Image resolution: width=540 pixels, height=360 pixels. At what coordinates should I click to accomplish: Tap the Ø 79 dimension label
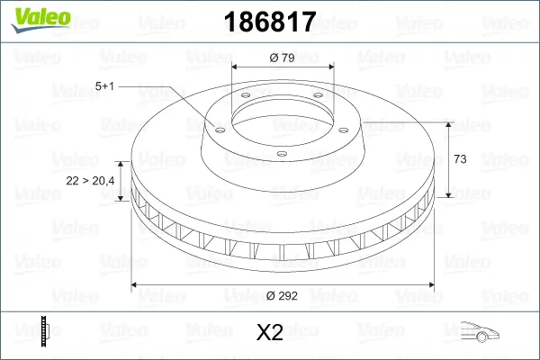click(x=283, y=58)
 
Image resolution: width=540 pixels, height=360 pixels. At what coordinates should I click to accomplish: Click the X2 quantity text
click(x=270, y=333)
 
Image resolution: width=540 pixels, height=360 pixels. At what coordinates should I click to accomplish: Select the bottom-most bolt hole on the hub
click(x=281, y=154)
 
